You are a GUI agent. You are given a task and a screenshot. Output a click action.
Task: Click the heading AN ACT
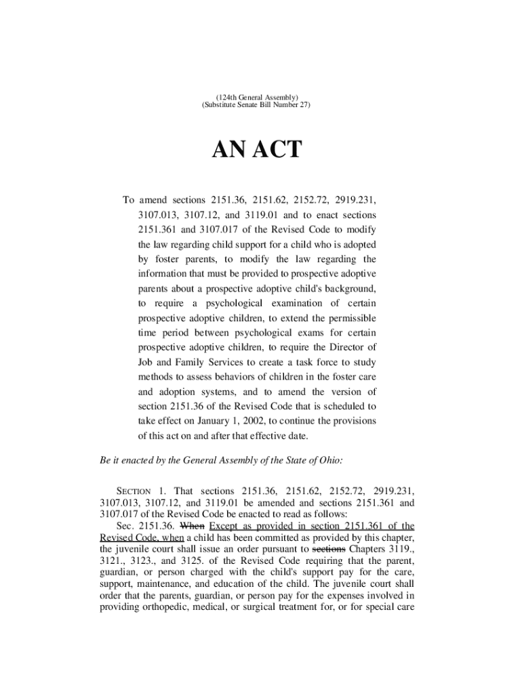pyautogui.click(x=257, y=149)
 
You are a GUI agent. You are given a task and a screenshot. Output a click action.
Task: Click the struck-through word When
pyautogui.click(x=193, y=525)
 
